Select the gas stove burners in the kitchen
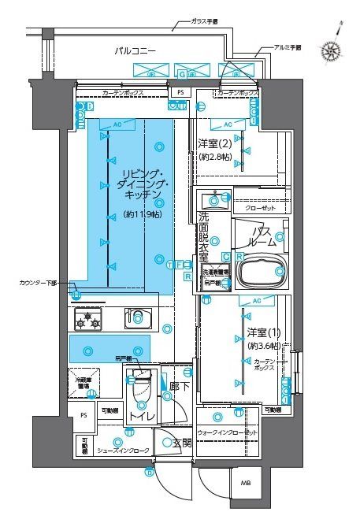(87, 319)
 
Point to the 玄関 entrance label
(181, 443)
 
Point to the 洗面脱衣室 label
(202, 236)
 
